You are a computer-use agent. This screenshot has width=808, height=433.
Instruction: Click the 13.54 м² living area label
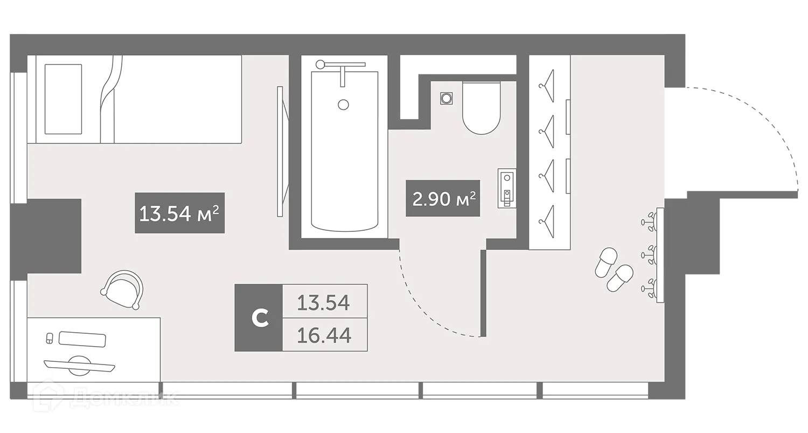coord(179,213)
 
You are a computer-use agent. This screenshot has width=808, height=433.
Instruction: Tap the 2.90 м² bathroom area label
coord(443,198)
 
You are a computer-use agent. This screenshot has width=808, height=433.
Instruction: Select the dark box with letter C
coord(259,318)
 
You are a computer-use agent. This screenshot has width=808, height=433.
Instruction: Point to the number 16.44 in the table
coord(325,335)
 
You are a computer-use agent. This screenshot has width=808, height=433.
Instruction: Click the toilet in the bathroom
coord(481,108)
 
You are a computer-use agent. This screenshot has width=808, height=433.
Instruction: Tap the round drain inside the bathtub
coord(344,105)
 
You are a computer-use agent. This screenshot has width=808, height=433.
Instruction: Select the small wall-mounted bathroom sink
coord(506,188)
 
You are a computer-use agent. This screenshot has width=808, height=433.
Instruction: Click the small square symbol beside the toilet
coord(446,98)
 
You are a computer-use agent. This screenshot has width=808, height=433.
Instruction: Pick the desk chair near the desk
coord(123,290)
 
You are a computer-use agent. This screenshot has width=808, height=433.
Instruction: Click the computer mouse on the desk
coord(50,339)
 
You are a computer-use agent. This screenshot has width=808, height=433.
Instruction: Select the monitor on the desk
coord(80,366)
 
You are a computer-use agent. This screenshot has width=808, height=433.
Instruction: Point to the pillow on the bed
coord(63,99)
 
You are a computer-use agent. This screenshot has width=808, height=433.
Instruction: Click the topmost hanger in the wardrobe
coord(548,81)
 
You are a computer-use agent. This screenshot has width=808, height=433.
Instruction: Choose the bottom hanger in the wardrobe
coord(548,217)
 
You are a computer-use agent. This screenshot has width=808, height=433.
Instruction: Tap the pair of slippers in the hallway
coord(612,270)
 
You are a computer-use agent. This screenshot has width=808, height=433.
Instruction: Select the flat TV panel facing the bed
coord(280,151)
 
